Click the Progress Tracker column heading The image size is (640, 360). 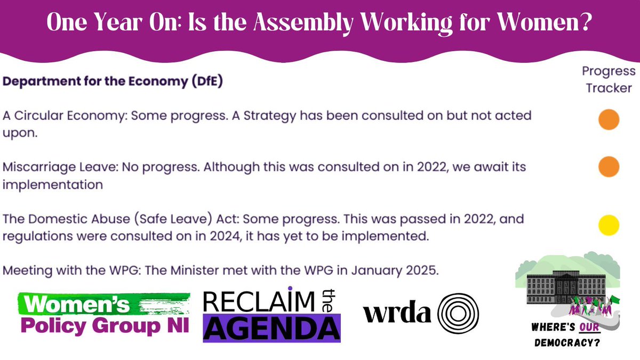pyautogui.click(x=609, y=79)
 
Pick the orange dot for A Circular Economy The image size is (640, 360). pyautogui.click(x=609, y=119)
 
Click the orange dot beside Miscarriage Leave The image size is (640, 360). pyautogui.click(x=609, y=166)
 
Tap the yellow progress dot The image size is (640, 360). pyautogui.click(x=609, y=225)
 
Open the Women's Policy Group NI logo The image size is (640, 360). pyautogui.click(x=103, y=313)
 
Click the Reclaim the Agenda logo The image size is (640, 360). pyautogui.click(x=271, y=314)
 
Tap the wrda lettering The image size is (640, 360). pyautogui.click(x=397, y=314)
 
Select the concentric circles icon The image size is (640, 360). pyautogui.click(x=458, y=314)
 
